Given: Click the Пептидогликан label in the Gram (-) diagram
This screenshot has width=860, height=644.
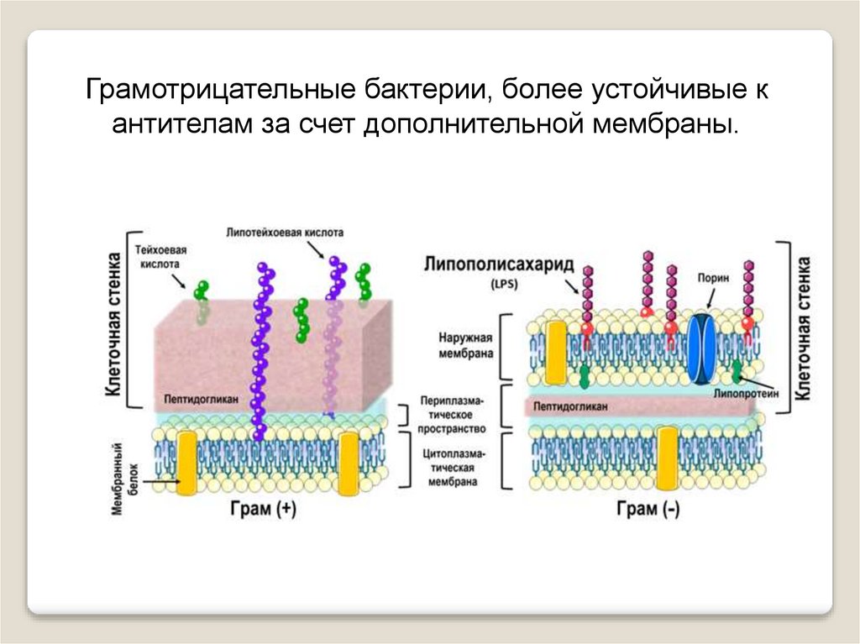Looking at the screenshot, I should pyautogui.click(x=569, y=406).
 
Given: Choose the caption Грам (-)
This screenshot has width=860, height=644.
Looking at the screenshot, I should pyautogui.click(x=648, y=510).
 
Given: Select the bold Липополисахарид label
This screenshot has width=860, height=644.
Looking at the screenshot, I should pyautogui.click(x=499, y=266).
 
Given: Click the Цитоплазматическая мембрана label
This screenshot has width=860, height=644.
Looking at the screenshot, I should pyautogui.click(x=453, y=468).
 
